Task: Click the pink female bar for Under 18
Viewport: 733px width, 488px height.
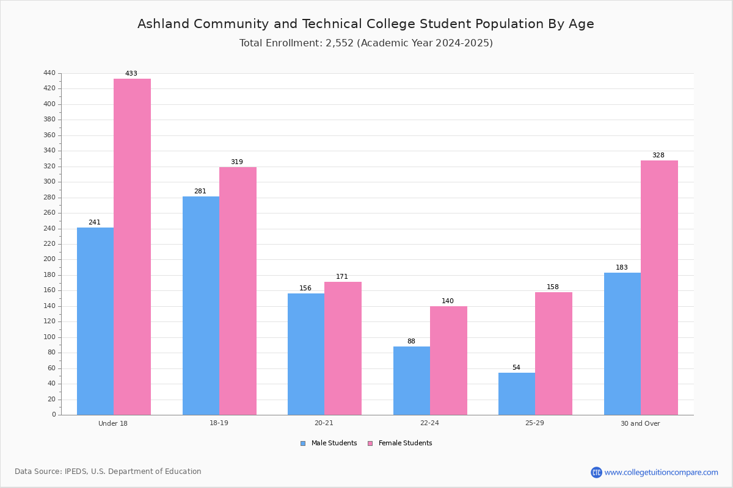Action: click(x=132, y=247)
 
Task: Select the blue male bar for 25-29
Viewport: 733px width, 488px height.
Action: click(x=517, y=394)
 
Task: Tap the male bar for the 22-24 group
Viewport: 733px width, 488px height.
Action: click(x=412, y=381)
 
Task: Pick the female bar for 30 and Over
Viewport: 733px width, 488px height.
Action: click(x=659, y=288)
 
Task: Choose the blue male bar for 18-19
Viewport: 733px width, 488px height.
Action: click(x=201, y=306)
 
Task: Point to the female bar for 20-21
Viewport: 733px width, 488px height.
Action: click(x=343, y=348)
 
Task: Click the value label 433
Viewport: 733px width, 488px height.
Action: click(x=131, y=73)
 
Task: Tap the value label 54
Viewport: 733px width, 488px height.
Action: click(x=516, y=367)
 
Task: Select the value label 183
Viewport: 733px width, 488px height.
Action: click(x=622, y=267)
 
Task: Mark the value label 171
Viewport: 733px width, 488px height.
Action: click(x=342, y=276)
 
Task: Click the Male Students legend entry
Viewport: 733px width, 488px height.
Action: click(x=329, y=443)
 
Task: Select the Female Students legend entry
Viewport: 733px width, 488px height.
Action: click(x=400, y=443)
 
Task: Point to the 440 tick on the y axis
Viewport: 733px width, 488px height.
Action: click(x=49, y=73)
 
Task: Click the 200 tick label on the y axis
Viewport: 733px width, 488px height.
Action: click(x=49, y=259)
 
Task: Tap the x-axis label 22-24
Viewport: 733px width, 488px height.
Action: click(x=429, y=423)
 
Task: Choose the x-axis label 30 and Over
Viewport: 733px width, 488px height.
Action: click(x=640, y=423)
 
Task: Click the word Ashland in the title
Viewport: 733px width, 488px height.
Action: click(x=164, y=24)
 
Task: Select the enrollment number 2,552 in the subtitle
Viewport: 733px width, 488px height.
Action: click(x=340, y=43)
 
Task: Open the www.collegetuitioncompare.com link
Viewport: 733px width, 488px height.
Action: click(x=662, y=472)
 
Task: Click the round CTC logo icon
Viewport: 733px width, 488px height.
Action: click(x=597, y=472)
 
